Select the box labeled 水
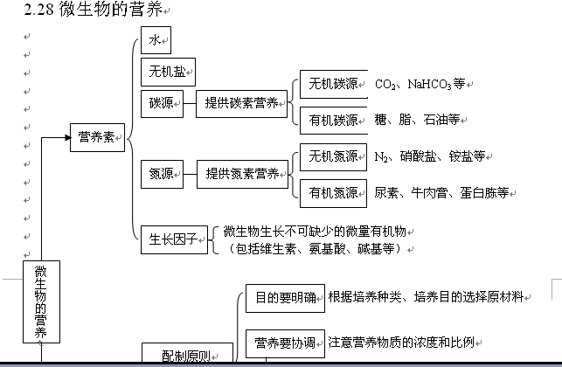coord(155,40)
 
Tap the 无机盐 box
coord(167,72)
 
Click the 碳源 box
coord(161,103)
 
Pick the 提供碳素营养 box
coord(241,103)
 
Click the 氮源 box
coord(161,174)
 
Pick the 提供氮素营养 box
coord(241,174)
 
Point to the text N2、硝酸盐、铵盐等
coord(428,156)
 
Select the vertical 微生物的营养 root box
coord(41,302)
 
